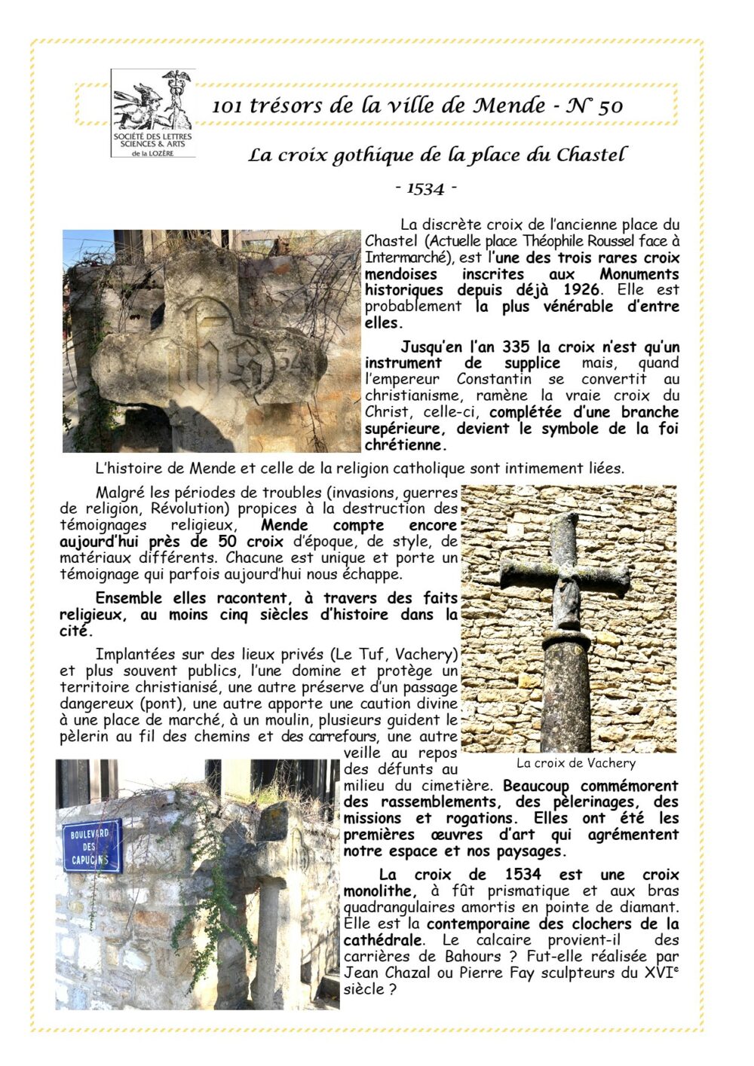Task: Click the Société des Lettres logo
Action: click(x=153, y=113)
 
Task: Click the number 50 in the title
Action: click(x=610, y=106)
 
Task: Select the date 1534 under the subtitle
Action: click(x=426, y=188)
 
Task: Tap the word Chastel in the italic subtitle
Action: click(x=591, y=155)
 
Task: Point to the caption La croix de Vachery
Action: click(x=575, y=763)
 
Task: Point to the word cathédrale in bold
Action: click(x=382, y=940)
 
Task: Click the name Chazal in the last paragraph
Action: click(x=407, y=973)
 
